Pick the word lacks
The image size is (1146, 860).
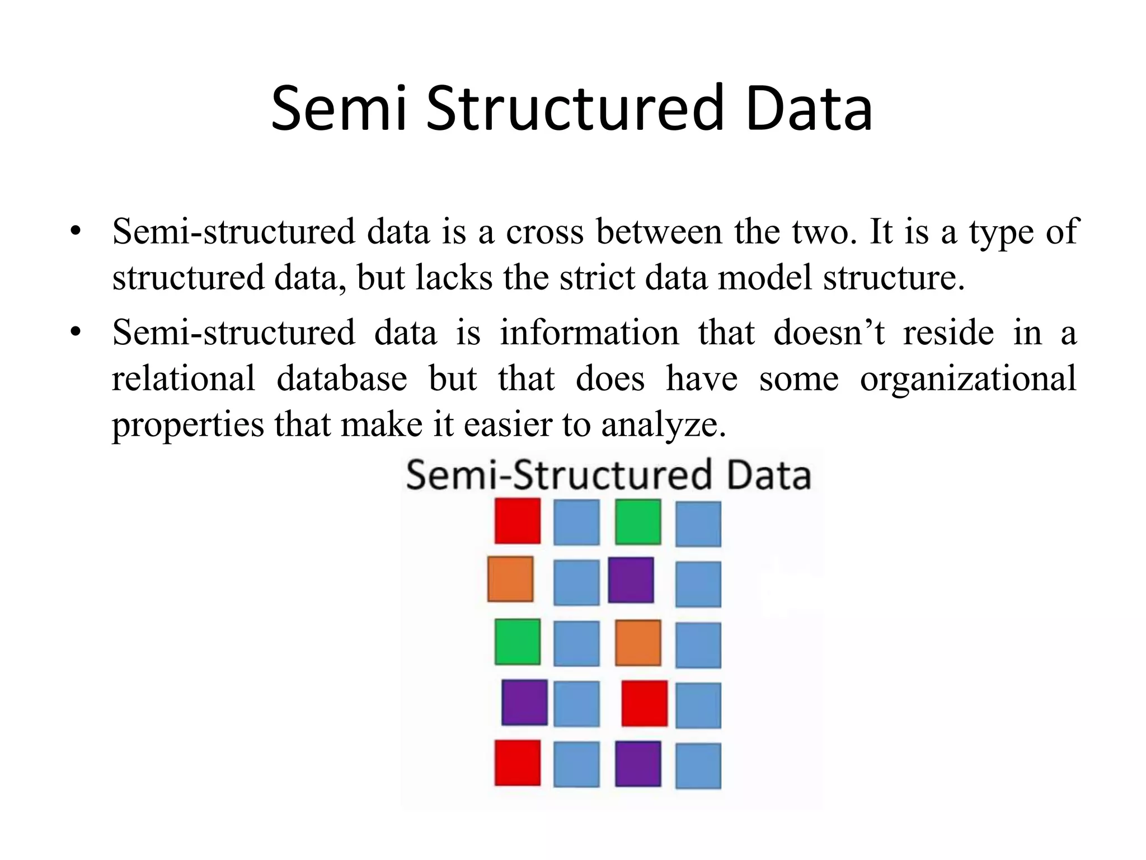click(x=454, y=278)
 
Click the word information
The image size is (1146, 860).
click(x=589, y=333)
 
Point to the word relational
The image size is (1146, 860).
click(x=184, y=378)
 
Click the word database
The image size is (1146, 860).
click(x=342, y=378)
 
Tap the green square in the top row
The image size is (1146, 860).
click(x=638, y=522)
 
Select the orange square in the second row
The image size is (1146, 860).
click(x=510, y=579)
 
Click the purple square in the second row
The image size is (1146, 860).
click(x=631, y=580)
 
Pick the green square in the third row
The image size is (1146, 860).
click(x=518, y=642)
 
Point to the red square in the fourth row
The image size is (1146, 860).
click(x=645, y=703)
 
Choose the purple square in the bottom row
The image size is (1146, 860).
click(x=638, y=763)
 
